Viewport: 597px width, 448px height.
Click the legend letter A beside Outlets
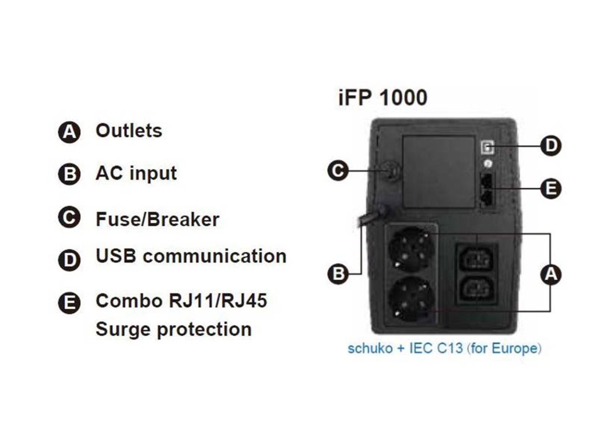(x=69, y=132)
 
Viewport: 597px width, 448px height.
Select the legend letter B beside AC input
(x=69, y=175)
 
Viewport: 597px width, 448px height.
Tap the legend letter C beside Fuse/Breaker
(x=69, y=218)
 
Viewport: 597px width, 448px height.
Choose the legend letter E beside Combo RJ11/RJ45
(x=69, y=303)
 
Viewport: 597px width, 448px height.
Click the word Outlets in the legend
(x=129, y=131)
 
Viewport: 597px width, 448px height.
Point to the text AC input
(x=136, y=173)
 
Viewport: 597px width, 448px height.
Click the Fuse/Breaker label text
(x=157, y=219)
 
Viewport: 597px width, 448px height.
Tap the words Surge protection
(x=173, y=329)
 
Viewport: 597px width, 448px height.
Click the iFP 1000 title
(x=382, y=98)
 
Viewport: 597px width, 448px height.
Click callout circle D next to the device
(x=550, y=145)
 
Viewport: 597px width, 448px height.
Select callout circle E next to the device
(x=550, y=188)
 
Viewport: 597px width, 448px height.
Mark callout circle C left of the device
(x=338, y=171)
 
